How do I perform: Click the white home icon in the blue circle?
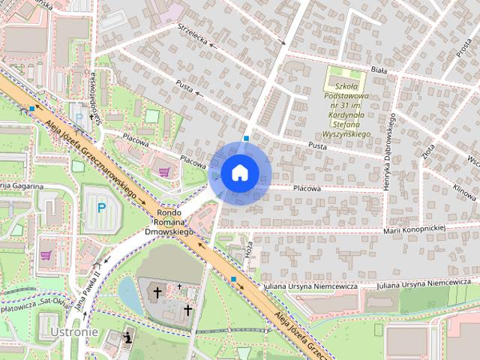[239, 172]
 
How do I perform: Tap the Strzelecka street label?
[193, 34]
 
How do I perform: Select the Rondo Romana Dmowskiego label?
[169, 221]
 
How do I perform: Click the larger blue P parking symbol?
[101, 207]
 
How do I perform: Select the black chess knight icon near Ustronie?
[128, 337]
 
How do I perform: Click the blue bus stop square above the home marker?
[247, 139]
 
